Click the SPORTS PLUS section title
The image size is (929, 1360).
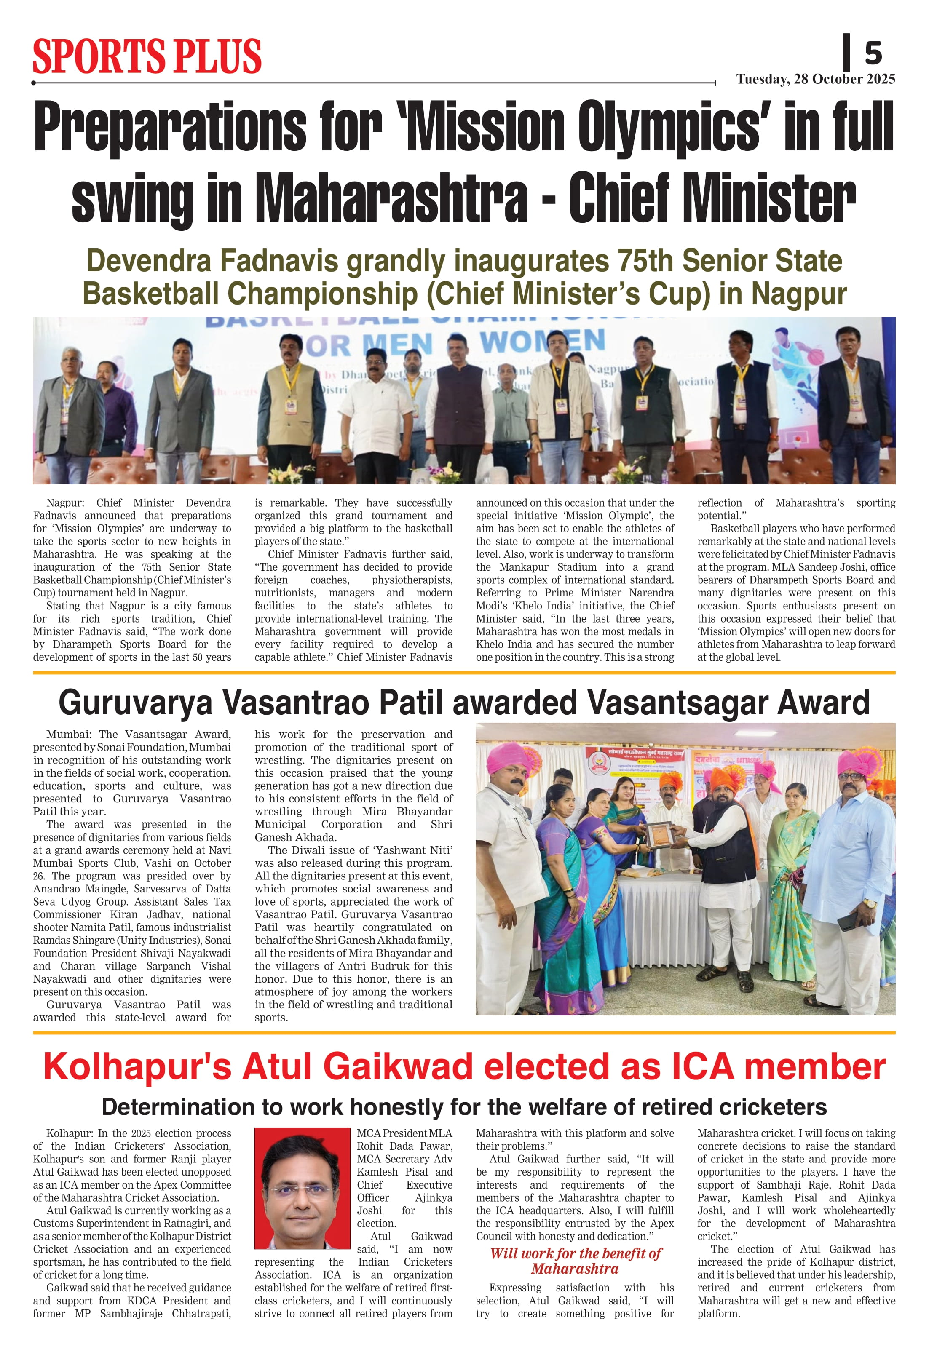pyautogui.click(x=147, y=57)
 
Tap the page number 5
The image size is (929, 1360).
pyautogui.click(x=873, y=54)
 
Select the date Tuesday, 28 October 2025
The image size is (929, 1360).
pyautogui.click(x=815, y=80)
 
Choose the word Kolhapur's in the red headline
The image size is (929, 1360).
pyautogui.click(x=138, y=1067)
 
